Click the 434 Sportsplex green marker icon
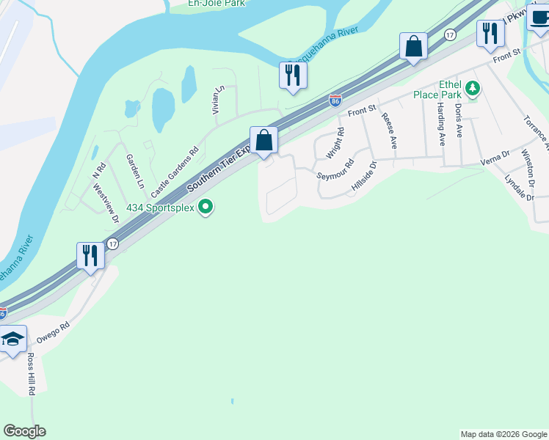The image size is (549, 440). pos(206,208)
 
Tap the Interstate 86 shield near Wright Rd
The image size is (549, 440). pos(335,100)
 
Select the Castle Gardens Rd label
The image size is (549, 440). pos(175,172)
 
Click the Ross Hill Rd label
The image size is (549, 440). pos(32,375)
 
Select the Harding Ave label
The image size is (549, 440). pos(441,123)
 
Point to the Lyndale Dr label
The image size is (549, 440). pos(519,187)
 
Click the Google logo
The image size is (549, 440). pos(24,431)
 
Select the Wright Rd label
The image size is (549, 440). pos(335,143)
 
